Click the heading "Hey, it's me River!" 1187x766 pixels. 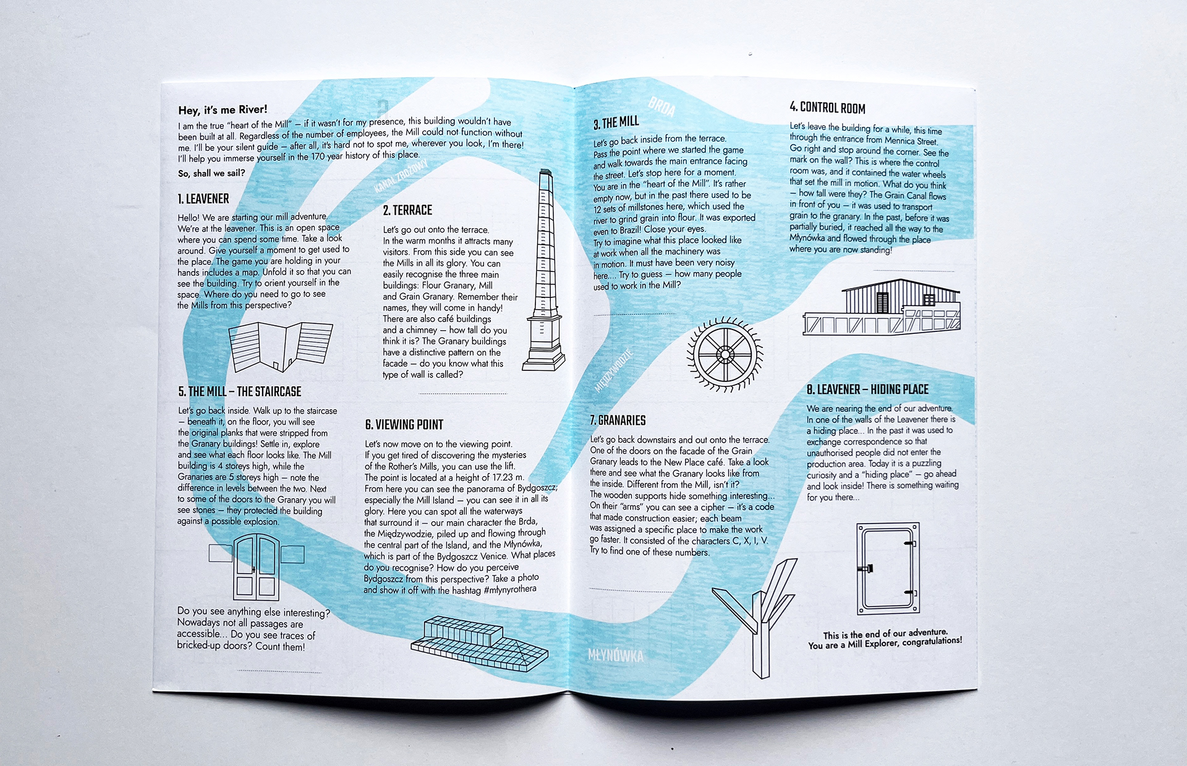223,110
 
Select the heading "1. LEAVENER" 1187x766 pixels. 203,199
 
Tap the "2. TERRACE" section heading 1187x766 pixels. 407,211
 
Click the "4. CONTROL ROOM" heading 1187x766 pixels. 827,108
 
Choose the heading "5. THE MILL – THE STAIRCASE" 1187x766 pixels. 240,392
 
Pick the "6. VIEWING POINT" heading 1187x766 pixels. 404,425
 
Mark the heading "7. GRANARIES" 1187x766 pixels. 618,421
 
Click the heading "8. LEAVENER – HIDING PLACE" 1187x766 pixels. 867,389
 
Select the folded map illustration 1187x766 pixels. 280,345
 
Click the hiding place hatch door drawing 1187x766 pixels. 887,568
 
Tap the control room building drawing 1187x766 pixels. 882,307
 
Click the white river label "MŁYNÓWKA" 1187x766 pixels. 615,655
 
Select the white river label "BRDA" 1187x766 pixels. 662,107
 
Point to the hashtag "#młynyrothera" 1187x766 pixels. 510,589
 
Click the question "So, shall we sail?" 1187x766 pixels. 211,174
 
